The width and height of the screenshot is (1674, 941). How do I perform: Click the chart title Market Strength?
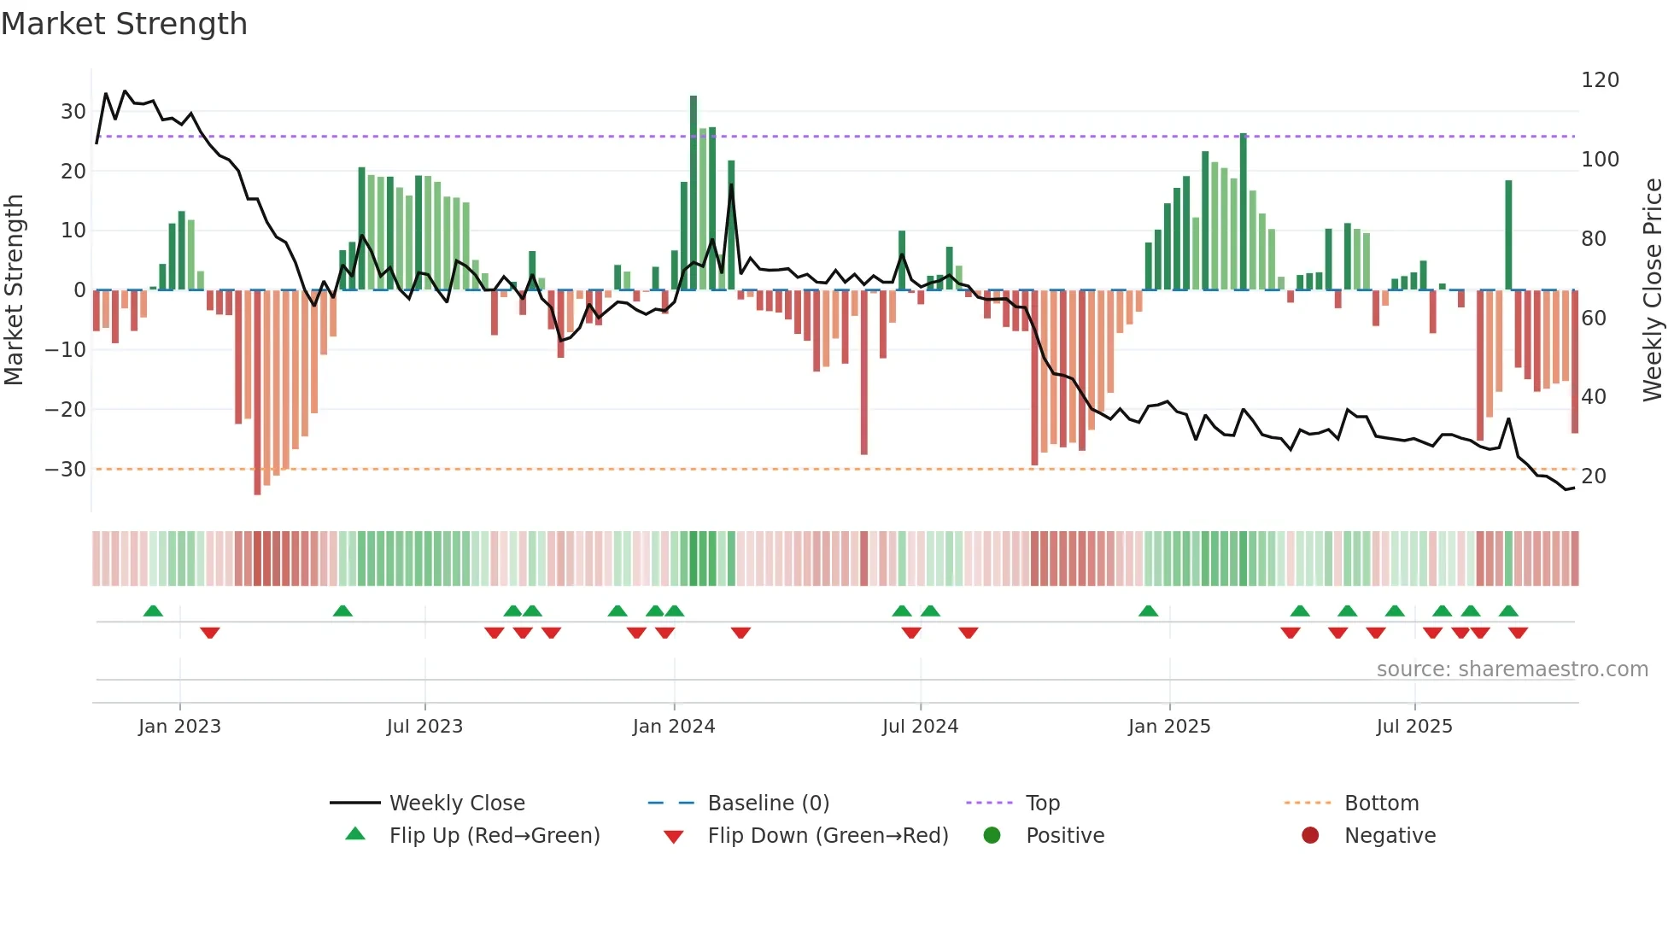click(124, 24)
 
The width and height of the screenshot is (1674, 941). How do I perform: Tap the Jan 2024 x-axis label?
click(673, 727)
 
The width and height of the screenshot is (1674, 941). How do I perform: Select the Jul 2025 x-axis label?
click(1414, 727)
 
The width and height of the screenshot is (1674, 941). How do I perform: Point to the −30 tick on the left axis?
click(65, 470)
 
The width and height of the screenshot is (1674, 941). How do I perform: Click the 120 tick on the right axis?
click(1600, 80)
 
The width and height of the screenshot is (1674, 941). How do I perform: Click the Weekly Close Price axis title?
click(1653, 290)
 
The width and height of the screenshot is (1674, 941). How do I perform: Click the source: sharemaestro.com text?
click(1512, 669)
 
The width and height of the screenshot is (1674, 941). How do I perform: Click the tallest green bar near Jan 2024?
click(694, 192)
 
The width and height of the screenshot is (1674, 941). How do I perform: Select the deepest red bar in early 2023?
click(257, 393)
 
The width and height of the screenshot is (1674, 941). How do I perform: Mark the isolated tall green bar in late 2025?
click(1508, 235)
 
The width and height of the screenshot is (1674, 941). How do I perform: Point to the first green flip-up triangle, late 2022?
click(153, 611)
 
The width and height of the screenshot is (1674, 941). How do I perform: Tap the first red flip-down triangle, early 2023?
click(210, 633)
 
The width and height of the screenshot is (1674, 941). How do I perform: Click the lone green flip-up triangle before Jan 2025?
click(1148, 611)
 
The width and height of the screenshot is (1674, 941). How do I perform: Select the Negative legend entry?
click(1389, 836)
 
